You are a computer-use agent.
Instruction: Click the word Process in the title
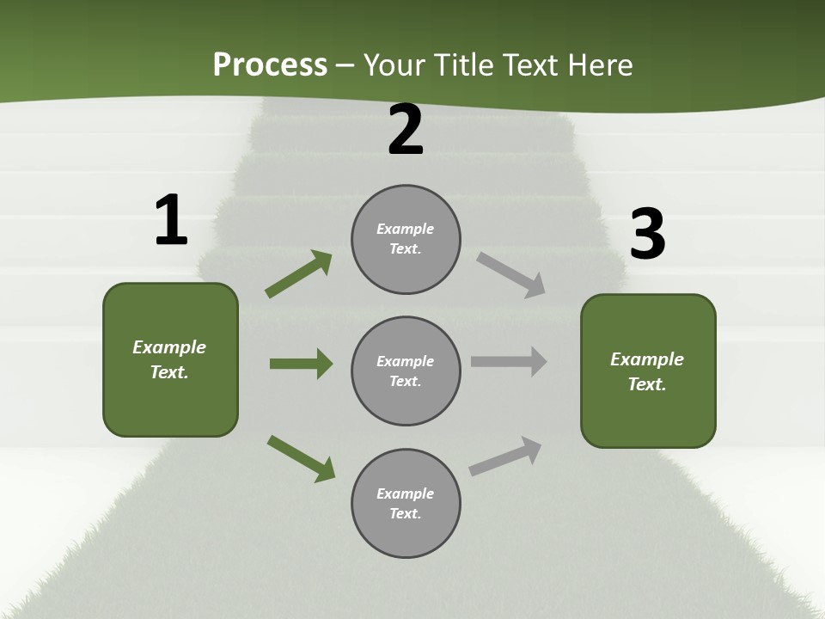click(x=270, y=65)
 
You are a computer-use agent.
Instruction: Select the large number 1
click(x=171, y=221)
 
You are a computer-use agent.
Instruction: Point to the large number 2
click(x=406, y=131)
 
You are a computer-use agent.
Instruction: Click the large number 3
click(x=647, y=234)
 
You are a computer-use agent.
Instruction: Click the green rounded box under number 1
click(x=170, y=359)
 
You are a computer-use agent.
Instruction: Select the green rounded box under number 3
click(x=648, y=371)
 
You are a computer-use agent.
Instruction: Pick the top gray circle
click(x=406, y=239)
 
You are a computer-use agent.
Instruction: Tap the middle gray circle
click(x=406, y=371)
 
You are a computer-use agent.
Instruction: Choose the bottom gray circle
click(x=406, y=504)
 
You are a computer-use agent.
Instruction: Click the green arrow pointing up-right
click(x=298, y=274)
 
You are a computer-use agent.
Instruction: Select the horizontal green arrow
click(x=301, y=364)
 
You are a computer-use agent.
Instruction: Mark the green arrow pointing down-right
click(x=301, y=458)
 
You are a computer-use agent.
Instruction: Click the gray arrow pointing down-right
click(x=510, y=275)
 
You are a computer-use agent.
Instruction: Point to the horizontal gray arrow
click(x=509, y=361)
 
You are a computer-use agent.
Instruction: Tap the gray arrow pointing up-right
click(x=505, y=457)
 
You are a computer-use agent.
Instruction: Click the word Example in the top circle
click(x=406, y=229)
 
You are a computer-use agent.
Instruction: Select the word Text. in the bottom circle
click(x=406, y=514)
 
